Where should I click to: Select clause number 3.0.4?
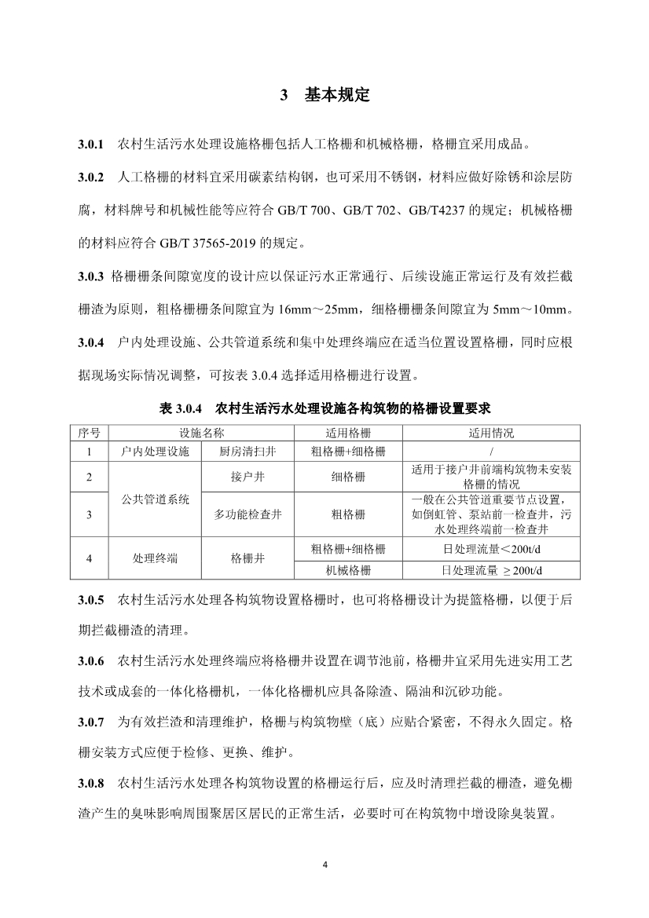(x=91, y=342)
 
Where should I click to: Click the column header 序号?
(x=90, y=433)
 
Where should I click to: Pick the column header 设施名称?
(x=201, y=433)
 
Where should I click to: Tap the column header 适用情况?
(x=491, y=433)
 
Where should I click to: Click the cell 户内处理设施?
(x=155, y=452)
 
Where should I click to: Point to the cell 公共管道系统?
(x=155, y=499)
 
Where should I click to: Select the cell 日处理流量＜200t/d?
(x=491, y=548)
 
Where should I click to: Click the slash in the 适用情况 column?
(x=491, y=452)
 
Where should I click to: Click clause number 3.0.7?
(x=91, y=719)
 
